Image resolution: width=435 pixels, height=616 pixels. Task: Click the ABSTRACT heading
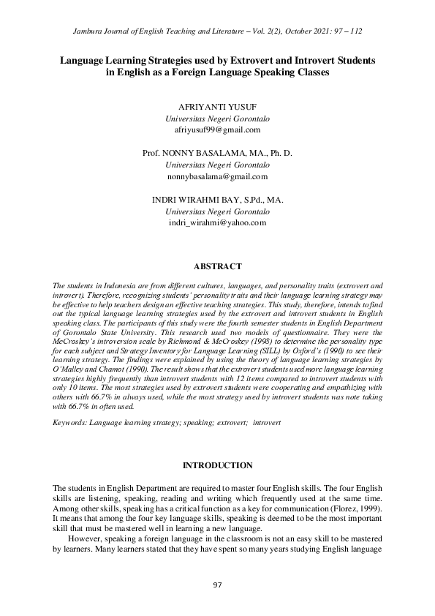(x=217, y=266)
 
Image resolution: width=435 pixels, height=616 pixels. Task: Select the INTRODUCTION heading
(x=217, y=465)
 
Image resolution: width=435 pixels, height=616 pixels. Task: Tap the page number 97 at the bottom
(x=217, y=585)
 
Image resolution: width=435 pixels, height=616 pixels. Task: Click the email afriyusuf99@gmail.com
(x=217, y=129)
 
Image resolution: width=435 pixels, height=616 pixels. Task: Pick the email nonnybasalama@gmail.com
(x=217, y=176)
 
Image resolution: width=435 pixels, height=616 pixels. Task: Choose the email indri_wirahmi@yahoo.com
(x=217, y=222)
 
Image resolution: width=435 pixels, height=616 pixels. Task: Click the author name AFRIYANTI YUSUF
(x=217, y=107)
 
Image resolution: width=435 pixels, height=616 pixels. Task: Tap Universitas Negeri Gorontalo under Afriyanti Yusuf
(x=217, y=119)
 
